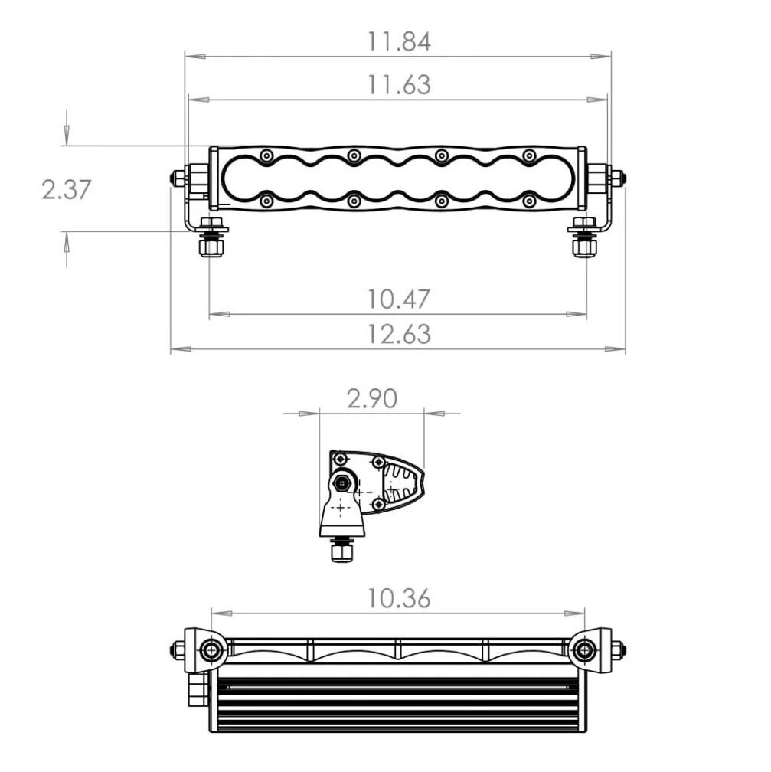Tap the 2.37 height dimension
pos(66,188)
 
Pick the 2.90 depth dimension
pos(371,398)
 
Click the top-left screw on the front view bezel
pos(266,155)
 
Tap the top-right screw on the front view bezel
pos(528,155)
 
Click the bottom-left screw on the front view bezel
pos(266,201)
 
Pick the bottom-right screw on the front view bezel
pos(528,201)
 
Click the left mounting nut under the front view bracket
pos(211,247)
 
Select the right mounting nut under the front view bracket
pos(584,247)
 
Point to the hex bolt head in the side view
pos(341,483)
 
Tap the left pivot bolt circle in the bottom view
pos(211,651)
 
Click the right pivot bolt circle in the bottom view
pos(584,651)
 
